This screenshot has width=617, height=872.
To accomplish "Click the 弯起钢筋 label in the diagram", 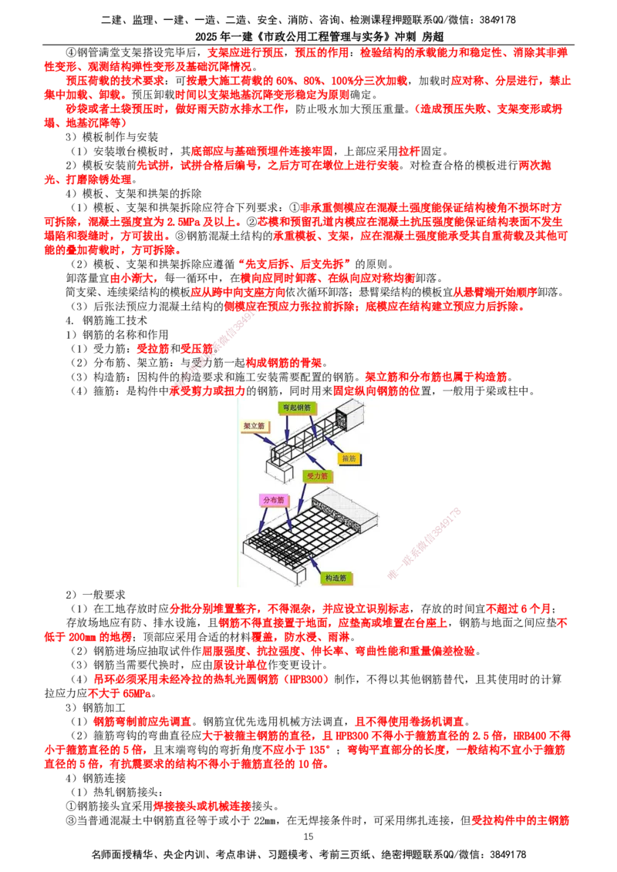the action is [x=296, y=407].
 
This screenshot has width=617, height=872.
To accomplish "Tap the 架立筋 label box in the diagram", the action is [x=254, y=426].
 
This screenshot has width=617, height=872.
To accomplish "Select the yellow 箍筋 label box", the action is [x=349, y=458].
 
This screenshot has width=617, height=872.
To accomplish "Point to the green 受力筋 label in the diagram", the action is [x=318, y=476].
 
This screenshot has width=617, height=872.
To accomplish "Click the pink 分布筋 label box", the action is [x=274, y=500].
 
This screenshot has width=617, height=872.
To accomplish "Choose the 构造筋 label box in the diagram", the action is [x=335, y=579].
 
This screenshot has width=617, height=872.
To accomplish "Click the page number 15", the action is [x=308, y=837].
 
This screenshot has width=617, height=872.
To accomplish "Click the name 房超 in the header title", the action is [x=433, y=37].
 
